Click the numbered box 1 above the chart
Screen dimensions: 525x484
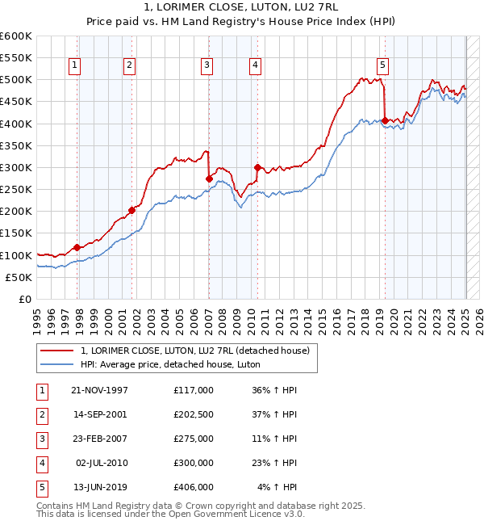click(74, 66)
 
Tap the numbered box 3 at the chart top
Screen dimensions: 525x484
click(207, 66)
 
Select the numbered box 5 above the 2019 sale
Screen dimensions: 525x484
click(382, 66)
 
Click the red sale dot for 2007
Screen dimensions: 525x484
click(209, 178)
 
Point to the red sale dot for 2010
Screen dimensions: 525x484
click(257, 167)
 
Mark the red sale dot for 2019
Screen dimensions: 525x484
click(385, 121)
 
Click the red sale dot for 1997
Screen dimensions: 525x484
click(77, 247)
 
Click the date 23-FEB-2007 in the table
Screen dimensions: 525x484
click(99, 439)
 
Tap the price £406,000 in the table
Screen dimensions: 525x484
click(193, 487)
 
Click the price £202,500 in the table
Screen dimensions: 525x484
click(193, 414)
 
